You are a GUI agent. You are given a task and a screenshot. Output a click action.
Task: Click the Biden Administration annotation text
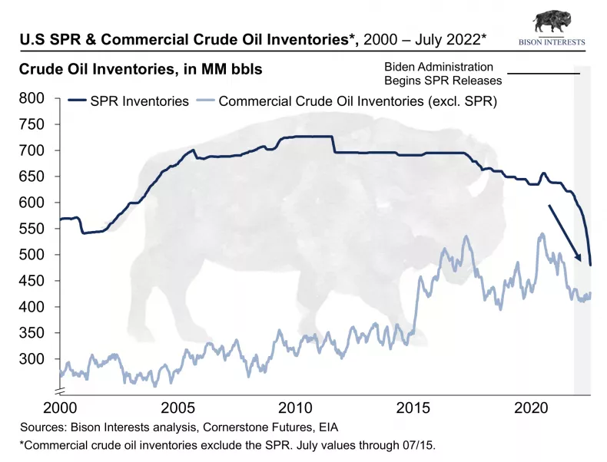click(x=439, y=68)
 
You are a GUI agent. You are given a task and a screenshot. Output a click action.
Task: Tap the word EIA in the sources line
click(x=326, y=427)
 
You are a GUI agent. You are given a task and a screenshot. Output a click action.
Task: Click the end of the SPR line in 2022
click(x=590, y=265)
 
